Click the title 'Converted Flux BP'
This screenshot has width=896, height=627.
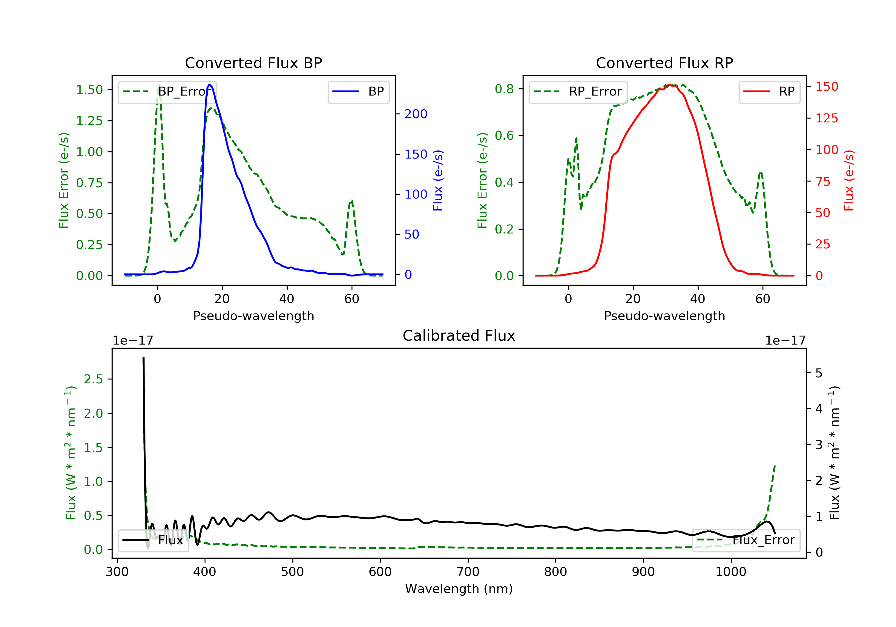tap(253, 63)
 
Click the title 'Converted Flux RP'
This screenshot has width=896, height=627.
tap(664, 63)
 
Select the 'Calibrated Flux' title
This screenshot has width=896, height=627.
tap(459, 336)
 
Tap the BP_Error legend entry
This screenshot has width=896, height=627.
tap(167, 92)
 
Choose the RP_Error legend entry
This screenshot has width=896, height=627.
tap(578, 92)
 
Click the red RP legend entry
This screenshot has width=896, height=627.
tap(769, 92)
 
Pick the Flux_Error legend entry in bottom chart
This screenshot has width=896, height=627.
tap(746, 540)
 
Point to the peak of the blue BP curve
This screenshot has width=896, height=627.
tap(210, 85)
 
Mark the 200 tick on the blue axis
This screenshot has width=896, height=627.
tap(416, 114)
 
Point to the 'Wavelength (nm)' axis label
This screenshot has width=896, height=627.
tap(459, 589)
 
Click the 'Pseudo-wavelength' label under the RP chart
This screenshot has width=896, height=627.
tap(664, 316)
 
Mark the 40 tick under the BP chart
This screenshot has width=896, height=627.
tap(287, 299)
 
